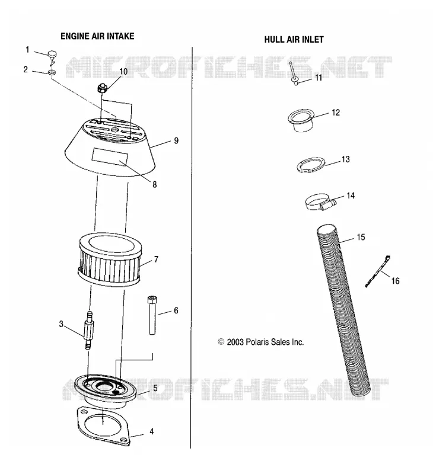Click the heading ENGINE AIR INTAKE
pos(97,36)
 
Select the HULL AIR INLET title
pos(294,40)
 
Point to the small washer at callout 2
pos(52,72)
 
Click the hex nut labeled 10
pos(101,88)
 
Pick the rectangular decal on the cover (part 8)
pos(110,157)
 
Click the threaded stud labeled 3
pos(88,330)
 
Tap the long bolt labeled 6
pos(152,315)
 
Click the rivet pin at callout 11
pos(294,73)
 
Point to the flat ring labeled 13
pos(311,165)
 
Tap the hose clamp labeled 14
pos(320,202)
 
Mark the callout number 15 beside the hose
pos(361,237)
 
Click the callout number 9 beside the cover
pos(176,140)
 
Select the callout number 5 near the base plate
pos(155,388)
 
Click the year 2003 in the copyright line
pos(235,342)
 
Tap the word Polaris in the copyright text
pos(257,342)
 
